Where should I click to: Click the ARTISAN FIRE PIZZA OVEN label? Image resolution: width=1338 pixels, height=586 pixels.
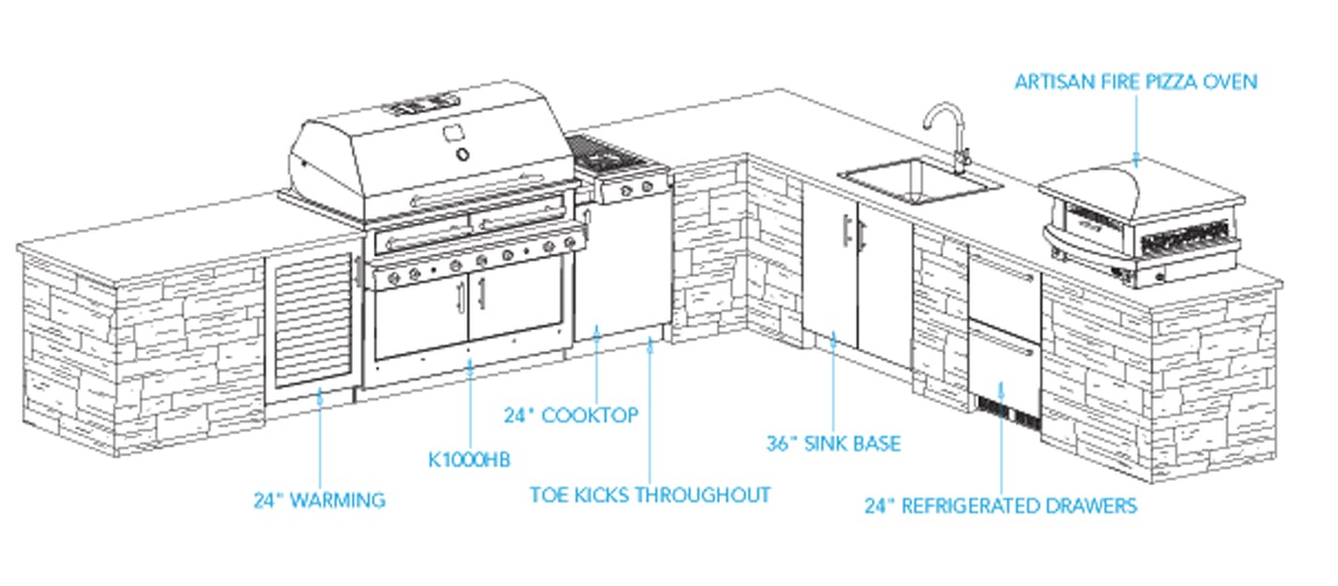click(x=1135, y=82)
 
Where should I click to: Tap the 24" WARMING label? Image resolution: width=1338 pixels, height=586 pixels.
click(x=318, y=501)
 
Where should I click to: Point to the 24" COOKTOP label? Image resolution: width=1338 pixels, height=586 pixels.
click(x=571, y=415)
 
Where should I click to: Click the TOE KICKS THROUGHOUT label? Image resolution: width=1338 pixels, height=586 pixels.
click(x=649, y=495)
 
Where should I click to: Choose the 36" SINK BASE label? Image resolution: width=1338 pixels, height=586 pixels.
click(x=834, y=443)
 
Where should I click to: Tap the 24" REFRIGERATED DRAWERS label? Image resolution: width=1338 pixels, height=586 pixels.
click(x=1000, y=507)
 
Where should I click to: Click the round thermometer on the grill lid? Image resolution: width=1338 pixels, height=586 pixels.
click(x=463, y=155)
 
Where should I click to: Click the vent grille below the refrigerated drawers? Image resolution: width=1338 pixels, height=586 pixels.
click(x=1005, y=410)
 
